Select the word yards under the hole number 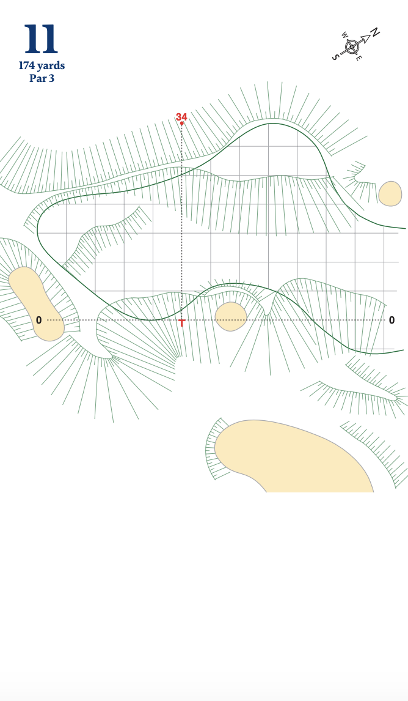[x=51, y=66]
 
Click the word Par [x=37, y=78]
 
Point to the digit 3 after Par [x=51, y=78]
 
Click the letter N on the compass [x=374, y=32]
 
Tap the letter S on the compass [x=335, y=57]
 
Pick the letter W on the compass [x=344, y=35]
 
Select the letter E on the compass [x=359, y=58]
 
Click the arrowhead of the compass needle [x=365, y=39]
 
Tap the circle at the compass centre [x=352, y=46]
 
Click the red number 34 [x=181, y=117]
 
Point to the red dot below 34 [x=182, y=124]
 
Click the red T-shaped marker [x=181, y=322]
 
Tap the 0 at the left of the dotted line [x=38, y=321]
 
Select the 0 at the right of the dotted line [x=392, y=320]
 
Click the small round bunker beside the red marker [x=231, y=316]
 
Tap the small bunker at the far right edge [x=390, y=193]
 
